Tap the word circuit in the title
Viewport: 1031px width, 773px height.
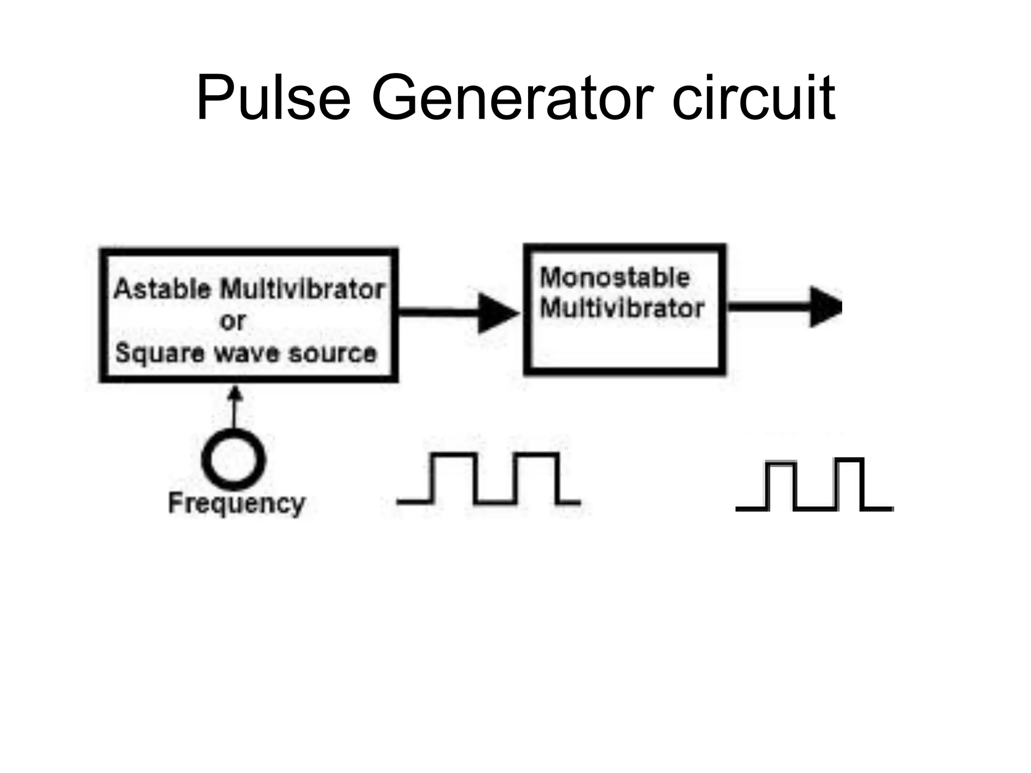pos(754,98)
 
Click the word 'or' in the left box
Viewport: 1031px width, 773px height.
pos(233,322)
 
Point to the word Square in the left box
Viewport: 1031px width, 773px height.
pos(160,353)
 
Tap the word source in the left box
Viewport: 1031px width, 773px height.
pos(332,353)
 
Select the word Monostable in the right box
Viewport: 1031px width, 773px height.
pos(615,278)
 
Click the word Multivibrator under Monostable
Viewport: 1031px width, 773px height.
pos(622,308)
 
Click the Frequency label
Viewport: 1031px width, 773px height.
pos(237,503)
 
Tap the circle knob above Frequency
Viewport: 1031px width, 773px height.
pos(233,459)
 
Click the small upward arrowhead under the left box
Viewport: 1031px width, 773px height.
pos(234,394)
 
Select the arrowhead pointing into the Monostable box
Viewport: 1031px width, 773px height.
pos(496,313)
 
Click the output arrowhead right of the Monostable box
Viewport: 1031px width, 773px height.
pos(826,307)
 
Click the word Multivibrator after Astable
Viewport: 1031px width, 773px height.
pos(303,289)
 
